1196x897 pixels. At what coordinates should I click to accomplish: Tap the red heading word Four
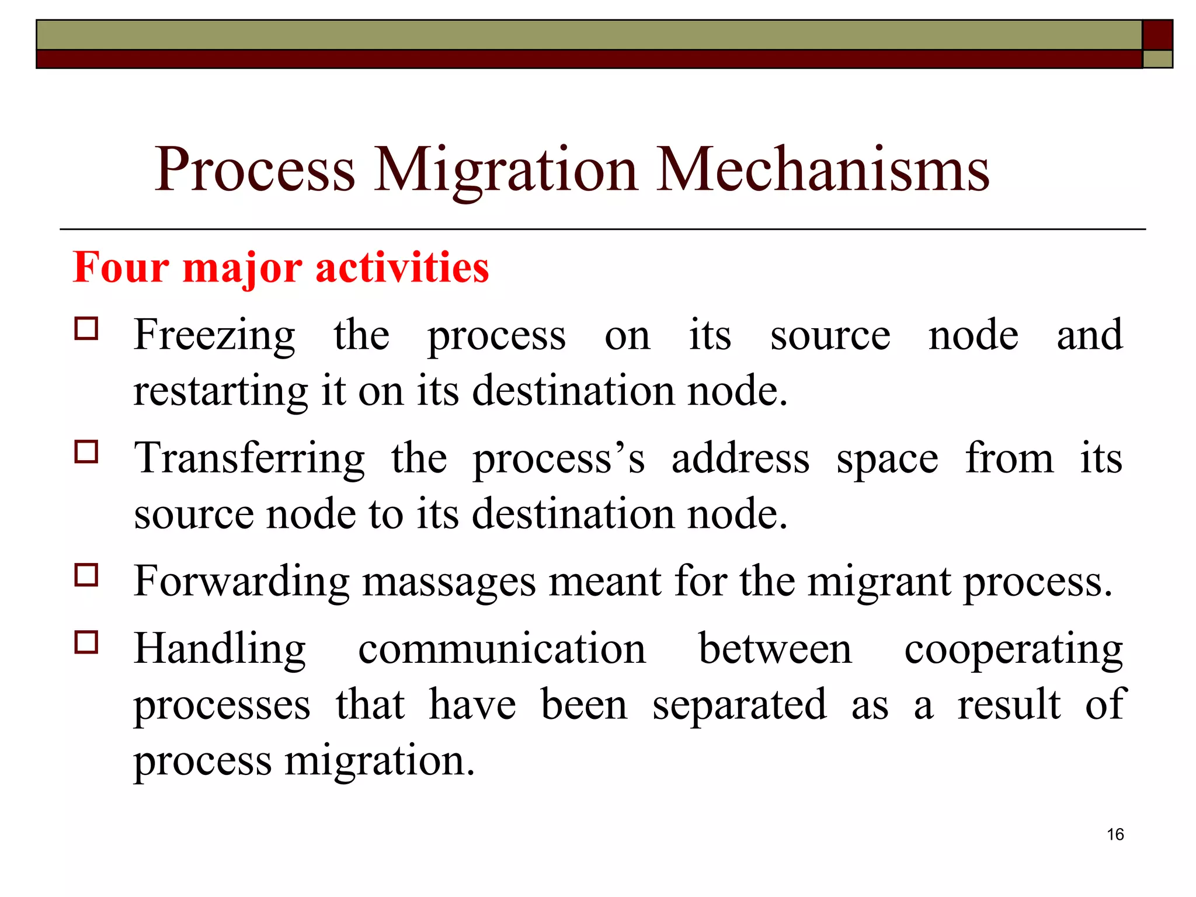pyautogui.click(x=121, y=267)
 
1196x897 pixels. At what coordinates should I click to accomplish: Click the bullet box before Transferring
pyautogui.click(x=86, y=451)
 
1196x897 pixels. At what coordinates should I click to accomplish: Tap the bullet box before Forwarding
pyautogui.click(x=86, y=575)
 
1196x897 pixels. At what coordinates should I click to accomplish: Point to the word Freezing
pyautogui.click(x=214, y=336)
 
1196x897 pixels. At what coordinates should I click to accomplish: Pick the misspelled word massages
pyautogui.click(x=448, y=583)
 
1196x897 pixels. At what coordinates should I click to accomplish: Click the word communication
pyautogui.click(x=502, y=649)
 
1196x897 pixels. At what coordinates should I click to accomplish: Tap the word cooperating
pyautogui.click(x=1013, y=651)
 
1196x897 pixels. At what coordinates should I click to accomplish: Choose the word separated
pyautogui.click(x=739, y=705)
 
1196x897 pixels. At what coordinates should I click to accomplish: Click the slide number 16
pyautogui.click(x=1115, y=835)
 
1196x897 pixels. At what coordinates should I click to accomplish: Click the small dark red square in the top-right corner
pyautogui.click(x=1157, y=35)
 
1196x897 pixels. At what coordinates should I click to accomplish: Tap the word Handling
pyautogui.click(x=220, y=651)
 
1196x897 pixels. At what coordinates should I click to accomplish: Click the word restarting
pyautogui.click(x=220, y=391)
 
